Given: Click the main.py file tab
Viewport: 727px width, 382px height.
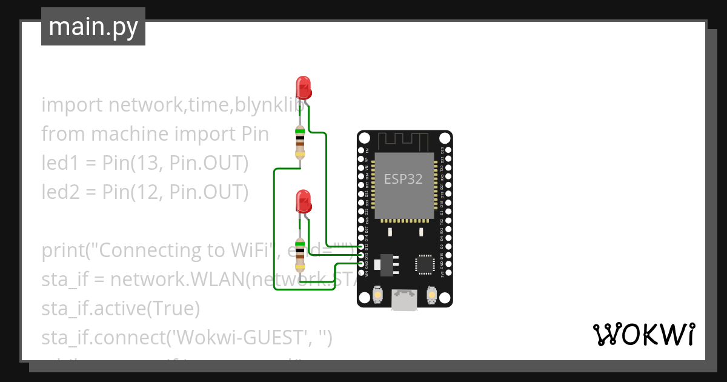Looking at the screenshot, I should click(x=93, y=27).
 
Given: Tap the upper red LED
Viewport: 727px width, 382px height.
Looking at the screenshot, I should click(x=303, y=87).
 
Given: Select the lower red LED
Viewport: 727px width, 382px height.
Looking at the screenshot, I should click(x=303, y=201).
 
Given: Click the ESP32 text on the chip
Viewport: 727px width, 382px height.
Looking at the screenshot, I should click(x=403, y=179).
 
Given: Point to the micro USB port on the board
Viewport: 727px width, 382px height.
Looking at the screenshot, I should click(x=404, y=300).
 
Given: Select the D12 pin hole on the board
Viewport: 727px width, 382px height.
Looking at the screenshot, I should click(x=362, y=247).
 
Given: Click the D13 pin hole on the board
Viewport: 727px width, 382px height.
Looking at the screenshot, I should click(x=362, y=255).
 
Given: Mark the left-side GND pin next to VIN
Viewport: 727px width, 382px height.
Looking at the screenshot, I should click(x=362, y=264).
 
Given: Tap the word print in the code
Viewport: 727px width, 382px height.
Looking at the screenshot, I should click(x=65, y=250).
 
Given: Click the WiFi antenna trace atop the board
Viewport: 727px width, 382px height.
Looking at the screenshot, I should click(x=404, y=141).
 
